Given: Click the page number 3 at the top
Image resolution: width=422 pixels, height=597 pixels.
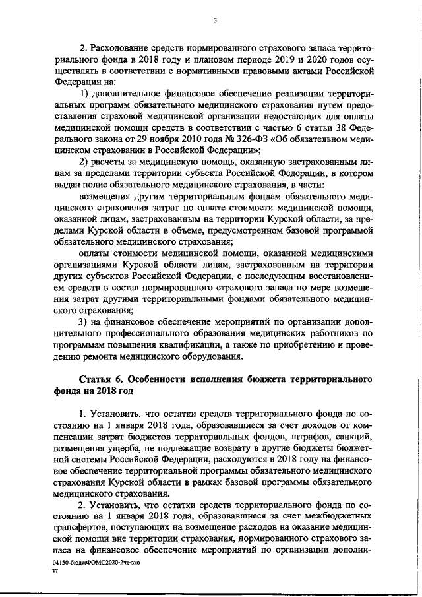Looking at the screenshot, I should click(x=215, y=20).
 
